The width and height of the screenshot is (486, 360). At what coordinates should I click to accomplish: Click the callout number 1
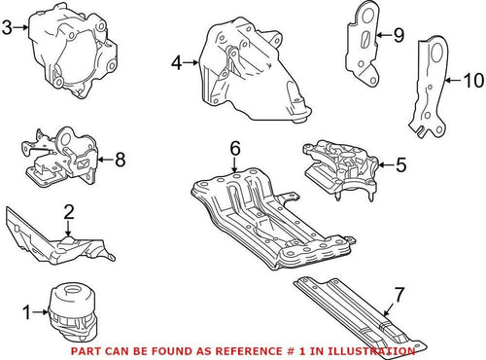click(27, 312)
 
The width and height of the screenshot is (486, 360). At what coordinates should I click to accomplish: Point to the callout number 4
click(176, 64)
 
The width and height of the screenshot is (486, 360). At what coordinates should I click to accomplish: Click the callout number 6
click(233, 148)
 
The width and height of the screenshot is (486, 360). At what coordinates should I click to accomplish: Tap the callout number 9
click(398, 35)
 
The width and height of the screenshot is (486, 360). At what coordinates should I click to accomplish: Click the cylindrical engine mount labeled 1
click(72, 311)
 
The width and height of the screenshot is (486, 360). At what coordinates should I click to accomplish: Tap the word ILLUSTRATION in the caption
click(381, 347)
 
